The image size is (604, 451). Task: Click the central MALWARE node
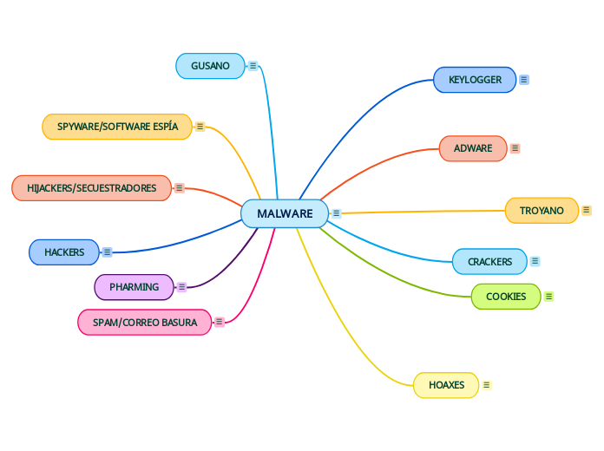tap(285, 213)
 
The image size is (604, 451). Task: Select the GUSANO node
tap(210, 66)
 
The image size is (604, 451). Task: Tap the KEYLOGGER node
tap(475, 80)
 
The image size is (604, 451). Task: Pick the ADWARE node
tap(472, 148)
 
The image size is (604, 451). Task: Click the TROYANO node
tap(542, 211)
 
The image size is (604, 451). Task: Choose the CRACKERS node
tap(489, 261)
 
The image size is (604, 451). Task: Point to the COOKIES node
tap(505, 297)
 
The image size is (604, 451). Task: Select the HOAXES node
tap(446, 385)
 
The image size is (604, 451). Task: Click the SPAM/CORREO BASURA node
tap(145, 323)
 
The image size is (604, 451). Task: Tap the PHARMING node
tap(134, 287)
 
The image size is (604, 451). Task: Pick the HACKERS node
tap(64, 252)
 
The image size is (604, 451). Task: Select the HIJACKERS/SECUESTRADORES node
tap(91, 188)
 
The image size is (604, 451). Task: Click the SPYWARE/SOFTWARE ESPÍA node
tap(117, 127)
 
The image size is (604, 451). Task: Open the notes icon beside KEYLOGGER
tap(524, 80)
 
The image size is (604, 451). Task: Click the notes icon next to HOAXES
tap(487, 385)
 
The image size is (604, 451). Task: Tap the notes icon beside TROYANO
tap(587, 211)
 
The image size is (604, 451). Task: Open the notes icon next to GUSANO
tap(253, 66)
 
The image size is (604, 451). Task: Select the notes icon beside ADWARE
tap(515, 148)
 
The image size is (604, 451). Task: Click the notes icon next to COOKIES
tap(549, 297)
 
